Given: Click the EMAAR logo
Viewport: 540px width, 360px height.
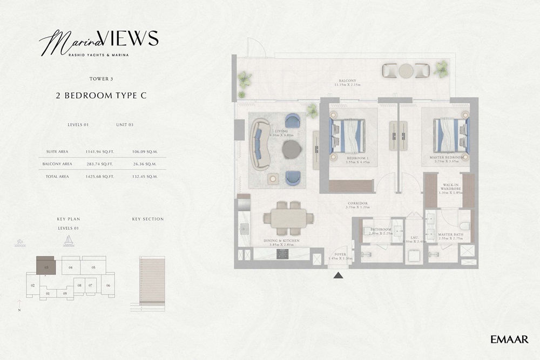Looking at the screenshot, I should pyautogui.click(x=509, y=339).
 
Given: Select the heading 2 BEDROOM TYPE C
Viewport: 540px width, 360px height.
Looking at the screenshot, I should pyautogui.click(x=102, y=96).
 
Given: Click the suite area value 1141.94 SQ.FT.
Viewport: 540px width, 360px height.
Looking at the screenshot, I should pyautogui.click(x=99, y=152).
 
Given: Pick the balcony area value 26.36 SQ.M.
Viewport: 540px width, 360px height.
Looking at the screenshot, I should pyautogui.click(x=144, y=164).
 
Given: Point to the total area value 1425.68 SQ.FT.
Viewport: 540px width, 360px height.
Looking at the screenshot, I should pyautogui.click(x=99, y=176).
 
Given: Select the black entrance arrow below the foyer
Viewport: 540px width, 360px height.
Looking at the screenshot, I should pyautogui.click(x=339, y=276).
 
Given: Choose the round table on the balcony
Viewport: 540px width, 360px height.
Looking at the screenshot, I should pyautogui.click(x=406, y=71).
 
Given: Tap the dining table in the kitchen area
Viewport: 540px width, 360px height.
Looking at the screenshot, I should pyautogui.click(x=288, y=218).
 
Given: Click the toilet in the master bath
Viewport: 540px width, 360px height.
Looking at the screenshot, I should pyautogui.click(x=463, y=226).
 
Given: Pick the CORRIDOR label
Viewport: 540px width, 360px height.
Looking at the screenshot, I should pyautogui.click(x=358, y=203).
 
